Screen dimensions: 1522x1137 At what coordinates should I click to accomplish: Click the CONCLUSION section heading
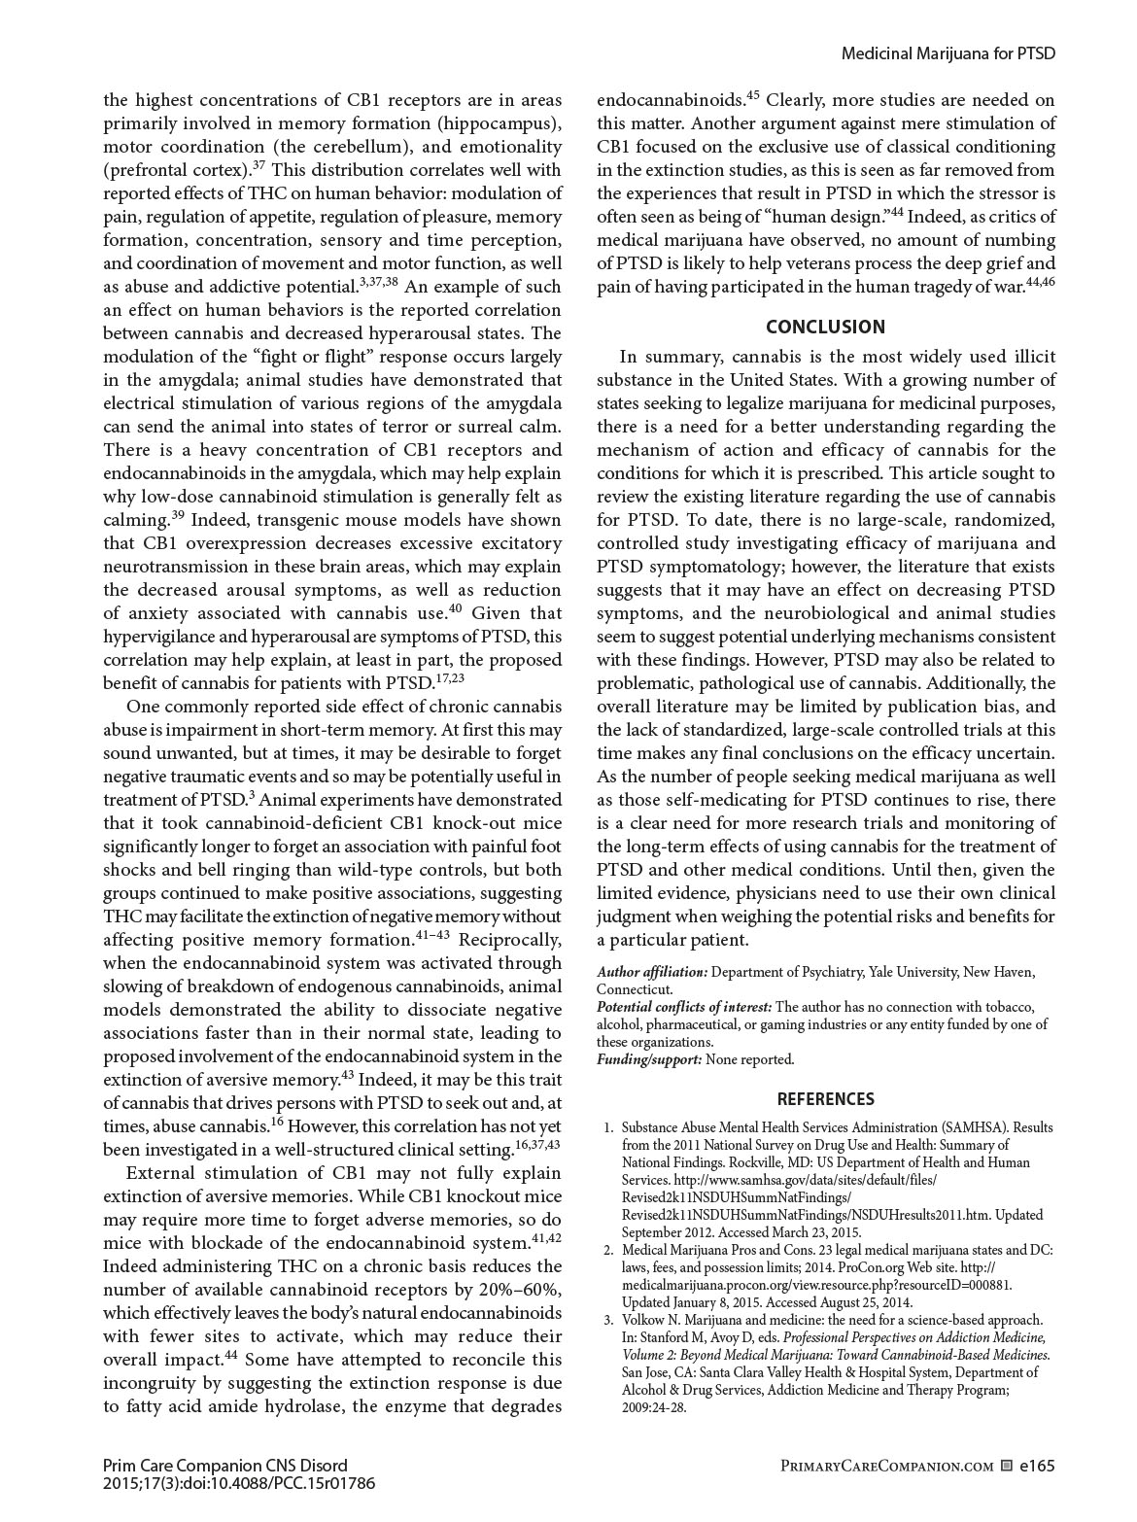[x=825, y=327]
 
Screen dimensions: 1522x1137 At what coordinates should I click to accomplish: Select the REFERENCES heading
[x=825, y=1099]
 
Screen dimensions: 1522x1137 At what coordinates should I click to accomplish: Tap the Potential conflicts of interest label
[x=684, y=1007]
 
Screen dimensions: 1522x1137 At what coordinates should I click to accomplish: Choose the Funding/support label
[x=648, y=1059]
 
